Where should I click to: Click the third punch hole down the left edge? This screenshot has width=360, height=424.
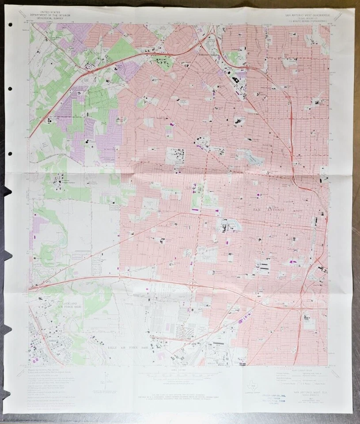click(10, 154)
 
